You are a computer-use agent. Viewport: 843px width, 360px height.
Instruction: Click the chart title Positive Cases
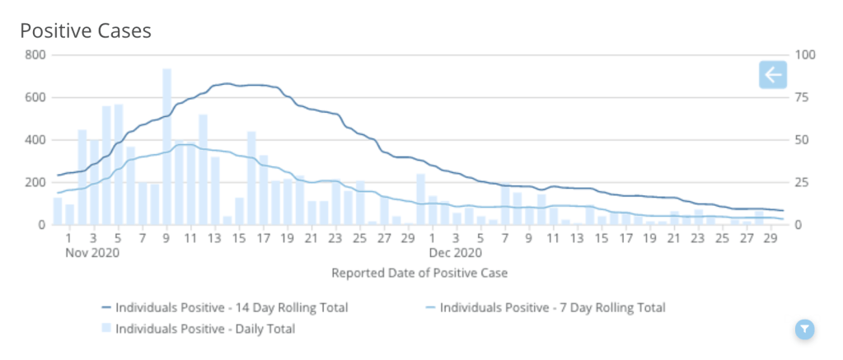[86, 31]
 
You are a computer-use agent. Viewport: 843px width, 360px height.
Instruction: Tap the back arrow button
[772, 75]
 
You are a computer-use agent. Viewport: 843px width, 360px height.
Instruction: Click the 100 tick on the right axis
[803, 55]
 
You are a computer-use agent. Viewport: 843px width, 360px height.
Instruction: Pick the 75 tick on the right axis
[801, 97]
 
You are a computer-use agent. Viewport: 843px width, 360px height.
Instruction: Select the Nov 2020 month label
[92, 253]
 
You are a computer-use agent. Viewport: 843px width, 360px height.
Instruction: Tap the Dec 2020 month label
[455, 253]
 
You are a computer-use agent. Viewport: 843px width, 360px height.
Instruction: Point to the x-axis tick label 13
[215, 239]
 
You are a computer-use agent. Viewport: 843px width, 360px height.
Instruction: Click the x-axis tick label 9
[166, 239]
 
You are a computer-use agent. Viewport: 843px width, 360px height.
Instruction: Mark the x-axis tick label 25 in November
[360, 239]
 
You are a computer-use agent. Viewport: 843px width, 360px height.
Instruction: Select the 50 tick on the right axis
[801, 140]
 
